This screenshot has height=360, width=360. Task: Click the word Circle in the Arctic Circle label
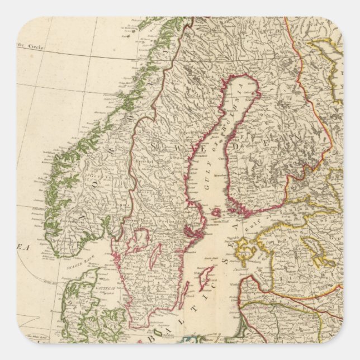pos(35,44)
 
